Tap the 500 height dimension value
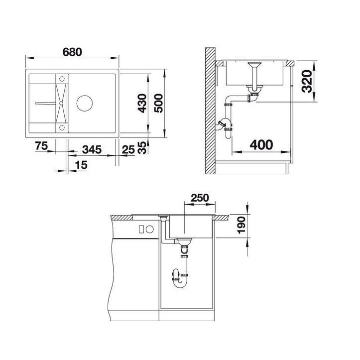tap(158, 103)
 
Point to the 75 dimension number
tap(41, 147)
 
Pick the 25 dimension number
tap(128, 148)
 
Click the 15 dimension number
tap(81, 165)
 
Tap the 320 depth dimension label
tap(307, 82)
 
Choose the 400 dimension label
tap(261, 145)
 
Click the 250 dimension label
tap(200, 198)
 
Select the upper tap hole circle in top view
tap(62, 79)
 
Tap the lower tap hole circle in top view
tap(62, 127)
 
